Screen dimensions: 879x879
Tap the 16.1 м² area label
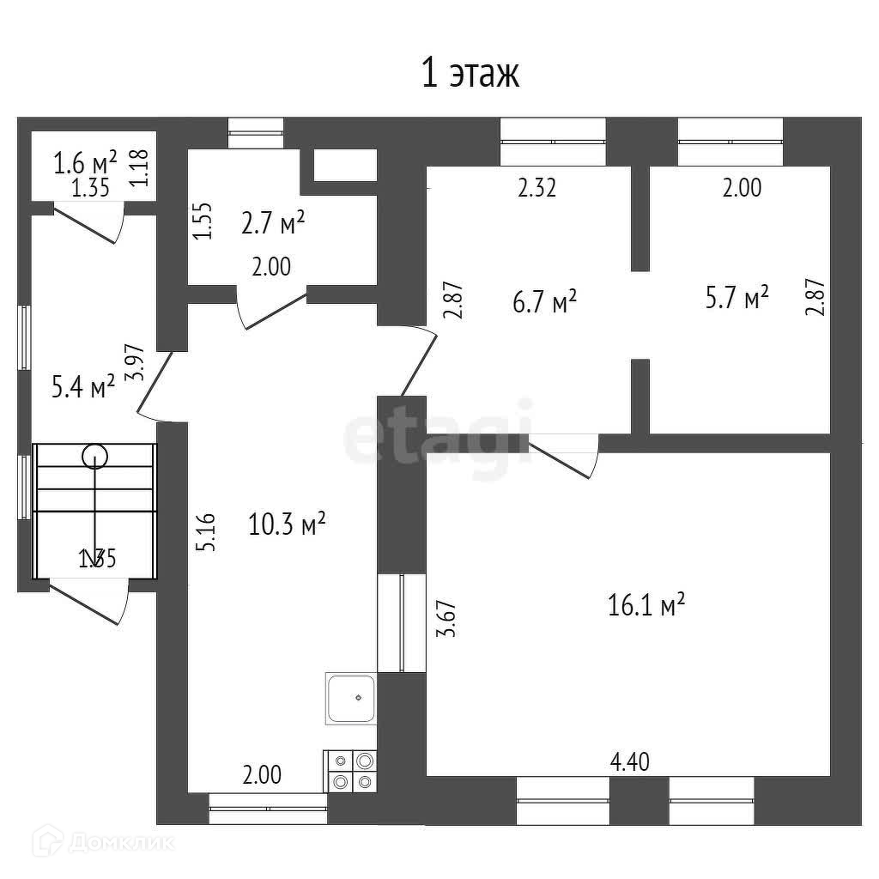(646, 607)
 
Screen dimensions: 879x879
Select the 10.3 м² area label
(287, 524)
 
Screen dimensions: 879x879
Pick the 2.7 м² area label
(273, 223)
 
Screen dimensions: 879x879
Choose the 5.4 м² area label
(83, 388)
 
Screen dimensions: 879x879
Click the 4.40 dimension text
(629, 761)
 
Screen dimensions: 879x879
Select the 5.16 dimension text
(206, 532)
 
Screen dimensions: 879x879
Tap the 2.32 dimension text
(537, 188)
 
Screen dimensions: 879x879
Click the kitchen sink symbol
(350, 698)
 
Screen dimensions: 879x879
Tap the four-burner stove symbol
(350, 770)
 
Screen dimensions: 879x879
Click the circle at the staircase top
(94, 456)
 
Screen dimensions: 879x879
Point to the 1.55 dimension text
(203, 221)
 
